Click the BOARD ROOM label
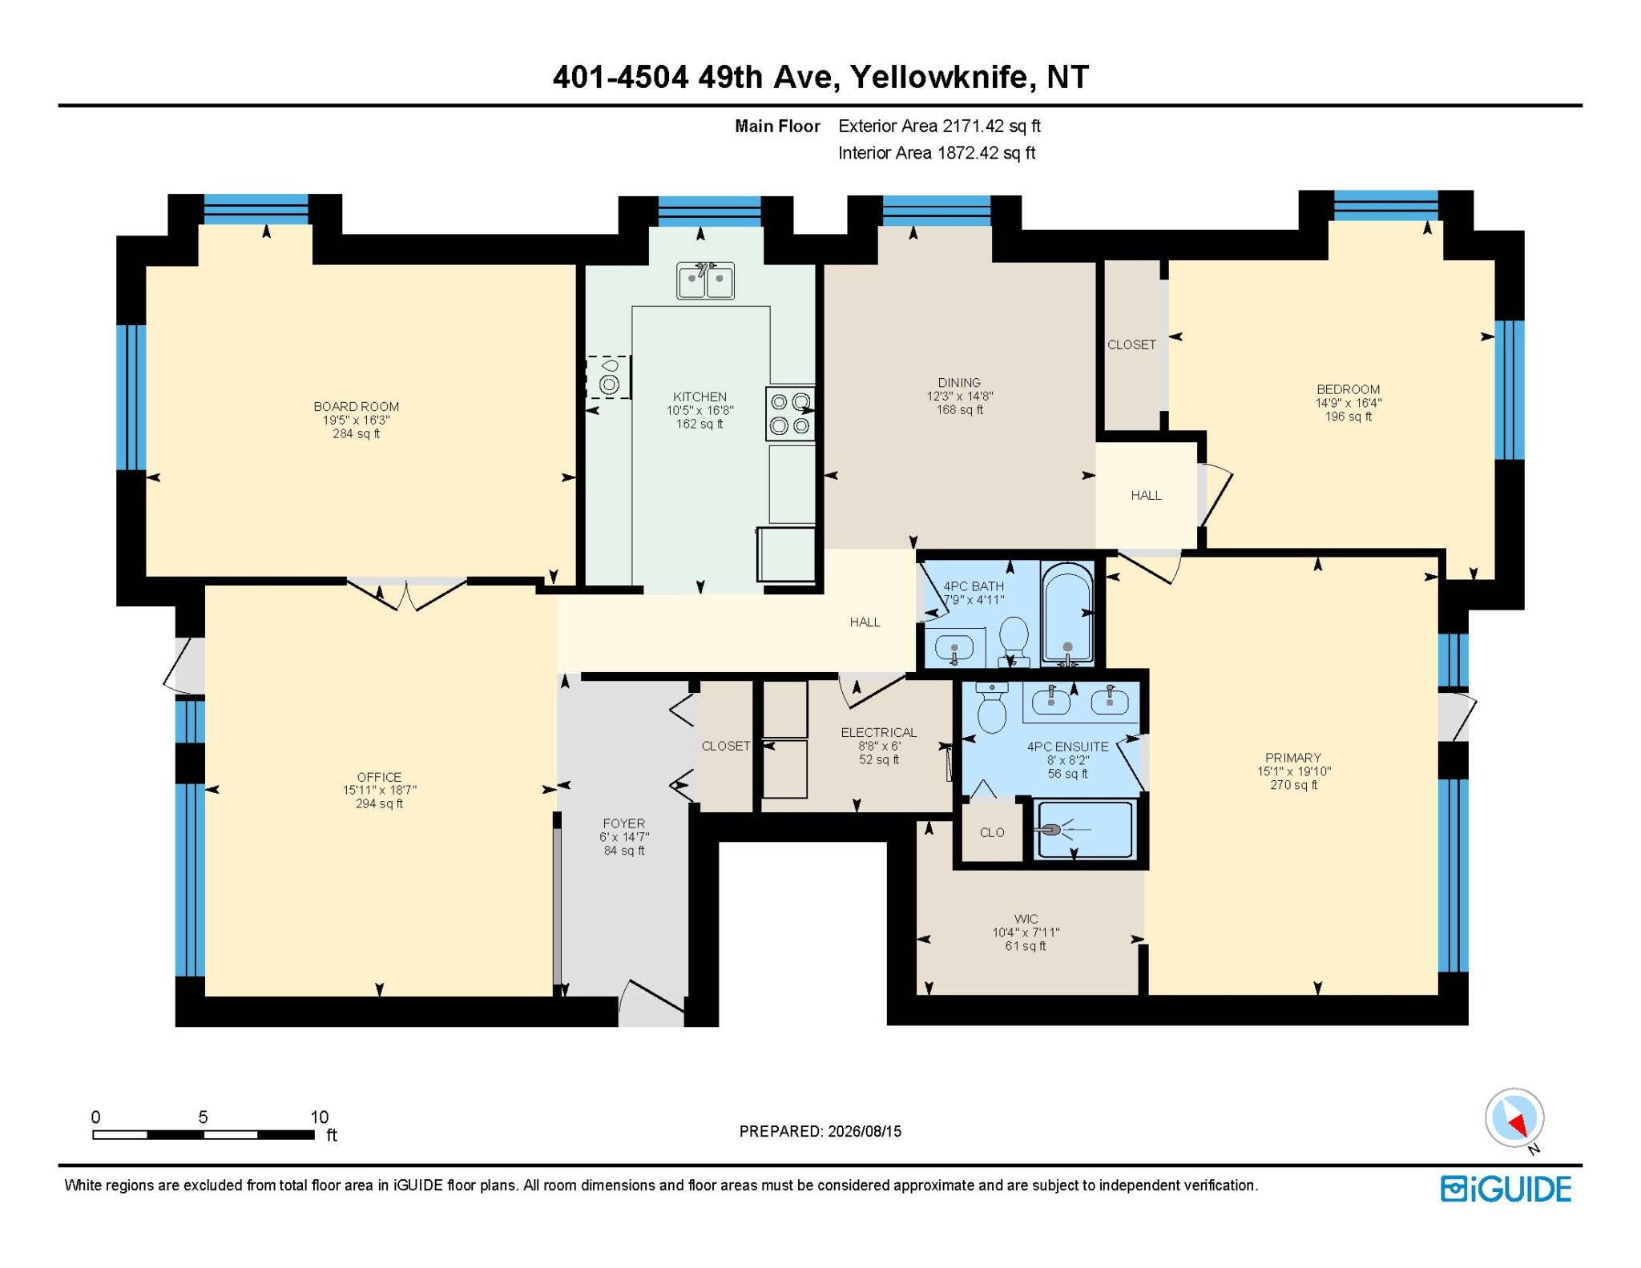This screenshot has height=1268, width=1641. pyautogui.click(x=356, y=407)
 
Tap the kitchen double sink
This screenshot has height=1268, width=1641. pyautogui.click(x=705, y=280)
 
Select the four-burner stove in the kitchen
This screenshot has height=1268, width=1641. pyautogui.click(x=790, y=413)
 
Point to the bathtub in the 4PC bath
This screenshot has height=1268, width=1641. pyautogui.click(x=1067, y=614)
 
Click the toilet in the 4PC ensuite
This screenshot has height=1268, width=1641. pyautogui.click(x=992, y=706)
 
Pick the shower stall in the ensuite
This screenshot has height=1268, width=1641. pyautogui.click(x=1084, y=830)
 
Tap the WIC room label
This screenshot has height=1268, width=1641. pyautogui.click(x=1026, y=919)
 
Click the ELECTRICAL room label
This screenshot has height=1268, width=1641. pyautogui.click(x=878, y=732)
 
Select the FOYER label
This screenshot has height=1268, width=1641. pyautogui.click(x=623, y=823)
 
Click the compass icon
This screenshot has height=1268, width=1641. pyautogui.click(x=1514, y=1118)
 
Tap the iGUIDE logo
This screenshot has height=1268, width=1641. pyautogui.click(x=1506, y=1189)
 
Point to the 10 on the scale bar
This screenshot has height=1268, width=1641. pyautogui.click(x=319, y=1117)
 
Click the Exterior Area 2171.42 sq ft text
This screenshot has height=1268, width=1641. pyautogui.click(x=939, y=126)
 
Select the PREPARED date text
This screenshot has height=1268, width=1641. pyautogui.click(x=820, y=1131)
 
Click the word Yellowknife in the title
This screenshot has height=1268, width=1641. pyautogui.click(x=939, y=78)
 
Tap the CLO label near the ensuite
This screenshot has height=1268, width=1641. pyautogui.click(x=992, y=833)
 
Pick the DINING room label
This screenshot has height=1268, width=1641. pyautogui.click(x=959, y=383)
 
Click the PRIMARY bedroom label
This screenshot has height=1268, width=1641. pyautogui.click(x=1292, y=758)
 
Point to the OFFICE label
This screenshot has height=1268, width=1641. pyautogui.click(x=379, y=777)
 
